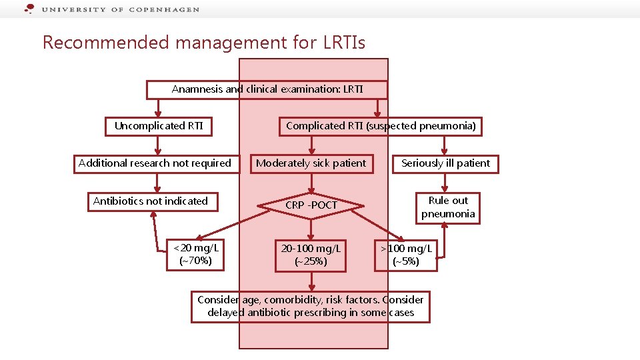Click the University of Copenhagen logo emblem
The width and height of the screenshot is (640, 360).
(29, 9)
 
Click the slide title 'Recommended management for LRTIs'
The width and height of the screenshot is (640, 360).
(204, 43)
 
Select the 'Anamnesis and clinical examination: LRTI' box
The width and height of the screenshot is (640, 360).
(267, 89)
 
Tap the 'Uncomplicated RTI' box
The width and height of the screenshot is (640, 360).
(159, 126)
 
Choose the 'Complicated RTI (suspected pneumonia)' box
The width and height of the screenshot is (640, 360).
(381, 126)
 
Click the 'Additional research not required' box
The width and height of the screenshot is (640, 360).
(155, 163)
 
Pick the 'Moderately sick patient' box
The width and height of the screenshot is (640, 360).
(311, 163)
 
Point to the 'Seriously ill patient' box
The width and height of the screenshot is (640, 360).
(445, 163)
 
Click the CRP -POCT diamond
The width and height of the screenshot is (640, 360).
(311, 205)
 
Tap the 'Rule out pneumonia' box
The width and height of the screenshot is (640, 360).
(448, 207)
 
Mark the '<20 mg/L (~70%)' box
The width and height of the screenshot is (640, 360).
(196, 255)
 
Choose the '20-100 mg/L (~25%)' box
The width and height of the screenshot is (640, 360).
(311, 255)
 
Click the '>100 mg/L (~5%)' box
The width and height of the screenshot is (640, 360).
(406, 255)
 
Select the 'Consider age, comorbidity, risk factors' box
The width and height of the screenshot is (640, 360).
(311, 307)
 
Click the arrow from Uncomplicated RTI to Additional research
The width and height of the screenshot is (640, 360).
(157, 145)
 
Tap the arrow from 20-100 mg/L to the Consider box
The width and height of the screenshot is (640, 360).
(311, 282)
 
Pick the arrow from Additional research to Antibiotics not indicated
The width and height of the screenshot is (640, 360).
(155, 183)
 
